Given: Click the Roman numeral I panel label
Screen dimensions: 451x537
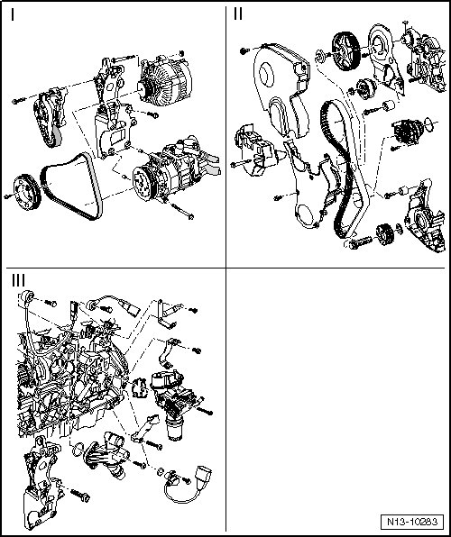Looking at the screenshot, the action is [13, 14].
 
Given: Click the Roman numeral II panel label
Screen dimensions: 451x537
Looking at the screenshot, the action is [238, 14].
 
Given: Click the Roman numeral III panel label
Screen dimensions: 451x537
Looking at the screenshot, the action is [18, 280].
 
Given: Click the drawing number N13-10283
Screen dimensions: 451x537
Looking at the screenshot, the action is [412, 522].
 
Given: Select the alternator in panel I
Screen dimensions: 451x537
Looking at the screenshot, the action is [164, 81].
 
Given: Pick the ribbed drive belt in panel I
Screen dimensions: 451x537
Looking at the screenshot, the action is [71, 186].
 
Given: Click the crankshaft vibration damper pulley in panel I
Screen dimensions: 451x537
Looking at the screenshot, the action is [27, 192].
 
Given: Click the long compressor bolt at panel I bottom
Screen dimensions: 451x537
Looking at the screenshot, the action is [181, 210].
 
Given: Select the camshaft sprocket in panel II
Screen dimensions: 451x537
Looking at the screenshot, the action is [345, 51].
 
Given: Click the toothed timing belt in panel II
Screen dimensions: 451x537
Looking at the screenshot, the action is [338, 168].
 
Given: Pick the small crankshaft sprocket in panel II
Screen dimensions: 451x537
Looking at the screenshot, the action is [384, 234].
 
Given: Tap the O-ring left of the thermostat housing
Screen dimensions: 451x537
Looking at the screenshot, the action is [78, 449].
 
